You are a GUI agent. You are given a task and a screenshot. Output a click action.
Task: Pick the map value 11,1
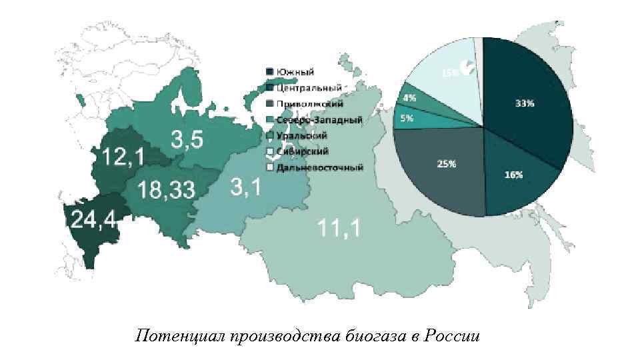pos(339,229)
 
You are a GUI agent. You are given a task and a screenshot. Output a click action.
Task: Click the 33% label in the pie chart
pos(525,103)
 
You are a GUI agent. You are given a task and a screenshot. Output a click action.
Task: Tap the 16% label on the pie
pos(513,175)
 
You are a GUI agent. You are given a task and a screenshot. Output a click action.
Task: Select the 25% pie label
pos(446,165)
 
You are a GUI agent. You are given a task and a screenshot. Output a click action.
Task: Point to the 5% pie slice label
pos(407,118)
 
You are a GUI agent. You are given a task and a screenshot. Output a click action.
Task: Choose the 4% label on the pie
pos(409,98)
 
